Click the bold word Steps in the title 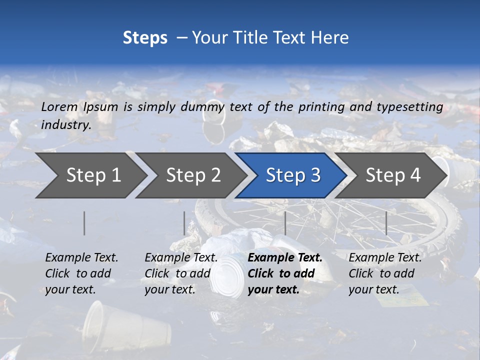(x=145, y=38)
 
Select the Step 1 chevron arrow (x=90, y=175)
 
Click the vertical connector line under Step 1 (x=84, y=223)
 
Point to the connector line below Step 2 (x=184, y=223)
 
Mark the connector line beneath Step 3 (x=285, y=223)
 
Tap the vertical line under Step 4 (x=386, y=223)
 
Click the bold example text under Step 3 (x=284, y=273)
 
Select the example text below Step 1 (x=81, y=273)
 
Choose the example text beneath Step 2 (x=181, y=273)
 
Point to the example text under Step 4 (x=385, y=273)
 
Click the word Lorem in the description (x=59, y=106)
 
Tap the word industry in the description (x=66, y=124)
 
